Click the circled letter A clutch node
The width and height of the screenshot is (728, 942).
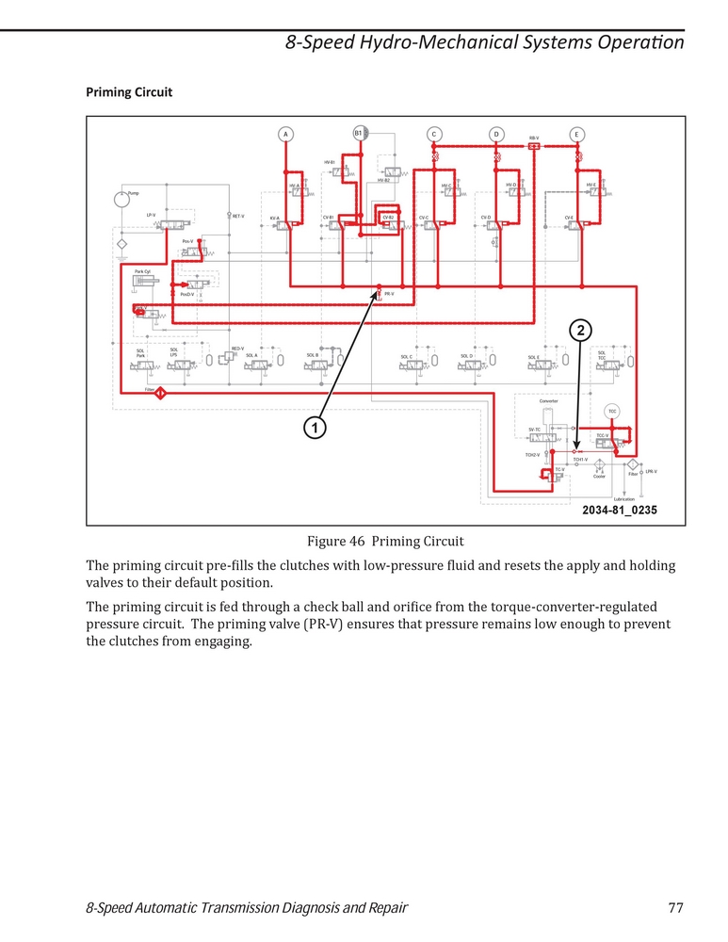tap(285, 134)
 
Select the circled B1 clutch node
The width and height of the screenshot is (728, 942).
tap(359, 134)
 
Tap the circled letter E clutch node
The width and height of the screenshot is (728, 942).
tap(576, 134)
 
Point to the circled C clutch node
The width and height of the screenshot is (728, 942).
tap(433, 134)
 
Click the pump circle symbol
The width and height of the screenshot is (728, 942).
tap(121, 201)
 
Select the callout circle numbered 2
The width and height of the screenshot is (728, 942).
tap(582, 330)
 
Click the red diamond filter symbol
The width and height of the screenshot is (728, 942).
tap(161, 393)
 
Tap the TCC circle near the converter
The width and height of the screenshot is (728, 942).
tap(611, 412)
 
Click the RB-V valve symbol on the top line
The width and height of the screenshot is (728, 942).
tap(534, 146)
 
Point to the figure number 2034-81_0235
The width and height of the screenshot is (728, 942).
tap(619, 510)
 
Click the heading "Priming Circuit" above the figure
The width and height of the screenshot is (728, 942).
tap(129, 92)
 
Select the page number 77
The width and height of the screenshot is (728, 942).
tap(674, 908)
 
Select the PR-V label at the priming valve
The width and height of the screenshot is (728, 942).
tap(389, 294)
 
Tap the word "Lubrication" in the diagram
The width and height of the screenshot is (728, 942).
tap(623, 498)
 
